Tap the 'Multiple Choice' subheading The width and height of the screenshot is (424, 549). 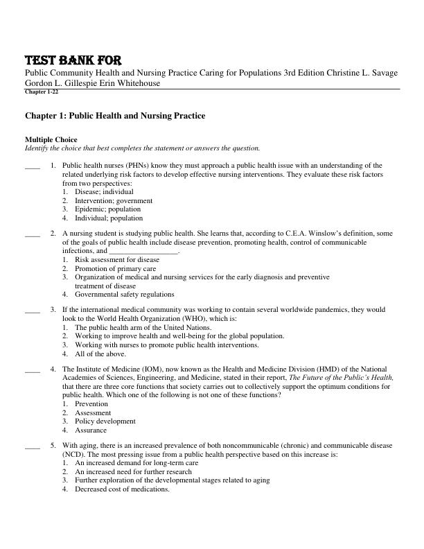pos(51,139)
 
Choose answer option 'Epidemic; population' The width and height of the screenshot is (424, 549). pos(107,209)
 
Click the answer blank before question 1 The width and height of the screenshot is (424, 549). pos(32,166)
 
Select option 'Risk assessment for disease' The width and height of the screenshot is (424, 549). pos(116,260)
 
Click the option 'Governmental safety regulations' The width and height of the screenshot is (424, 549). pos(124,294)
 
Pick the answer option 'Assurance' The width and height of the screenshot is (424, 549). pos(91,430)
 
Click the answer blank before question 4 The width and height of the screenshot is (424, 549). pos(32,369)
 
